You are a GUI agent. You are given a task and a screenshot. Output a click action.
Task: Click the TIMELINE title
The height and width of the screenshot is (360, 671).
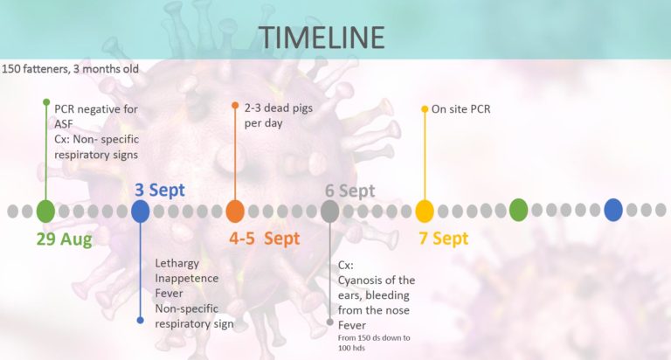point(322,38)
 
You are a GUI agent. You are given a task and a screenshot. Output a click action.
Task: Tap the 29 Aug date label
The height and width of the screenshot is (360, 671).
point(64,239)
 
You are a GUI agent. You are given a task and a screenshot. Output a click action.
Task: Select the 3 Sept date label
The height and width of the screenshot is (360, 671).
point(160,190)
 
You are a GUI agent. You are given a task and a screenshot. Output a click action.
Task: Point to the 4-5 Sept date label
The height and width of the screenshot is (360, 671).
point(265,239)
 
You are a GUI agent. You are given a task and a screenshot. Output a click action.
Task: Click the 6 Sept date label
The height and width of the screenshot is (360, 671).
point(350,190)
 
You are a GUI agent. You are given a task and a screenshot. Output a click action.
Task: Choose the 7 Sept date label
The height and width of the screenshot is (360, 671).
point(444,239)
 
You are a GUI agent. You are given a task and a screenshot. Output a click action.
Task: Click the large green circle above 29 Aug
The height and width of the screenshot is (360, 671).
point(45,211)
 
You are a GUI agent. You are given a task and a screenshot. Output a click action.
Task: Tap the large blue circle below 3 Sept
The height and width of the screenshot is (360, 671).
point(141,211)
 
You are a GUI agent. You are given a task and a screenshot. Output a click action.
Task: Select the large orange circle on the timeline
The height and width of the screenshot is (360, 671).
point(235,211)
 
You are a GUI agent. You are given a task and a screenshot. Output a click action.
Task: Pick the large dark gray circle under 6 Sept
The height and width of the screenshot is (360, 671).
point(330,211)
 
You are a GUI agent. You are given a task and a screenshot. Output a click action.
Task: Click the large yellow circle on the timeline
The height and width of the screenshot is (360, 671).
point(425,211)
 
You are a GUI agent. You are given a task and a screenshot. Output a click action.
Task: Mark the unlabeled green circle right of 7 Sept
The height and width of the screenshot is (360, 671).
point(518,210)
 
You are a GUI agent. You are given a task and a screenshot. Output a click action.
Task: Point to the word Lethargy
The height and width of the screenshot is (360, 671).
point(176,264)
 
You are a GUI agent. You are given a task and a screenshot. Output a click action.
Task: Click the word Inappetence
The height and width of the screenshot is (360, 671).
point(187,279)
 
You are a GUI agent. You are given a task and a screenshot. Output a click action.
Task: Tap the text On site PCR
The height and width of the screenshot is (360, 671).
point(461,109)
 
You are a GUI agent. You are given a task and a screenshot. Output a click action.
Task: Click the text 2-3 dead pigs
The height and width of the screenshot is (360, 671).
point(279,108)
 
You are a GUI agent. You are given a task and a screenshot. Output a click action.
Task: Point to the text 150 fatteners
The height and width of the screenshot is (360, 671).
point(35,69)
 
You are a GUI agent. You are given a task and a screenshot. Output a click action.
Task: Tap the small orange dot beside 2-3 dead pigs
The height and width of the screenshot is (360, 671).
point(235,106)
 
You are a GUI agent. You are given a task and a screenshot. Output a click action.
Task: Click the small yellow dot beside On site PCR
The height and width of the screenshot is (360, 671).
point(425,109)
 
